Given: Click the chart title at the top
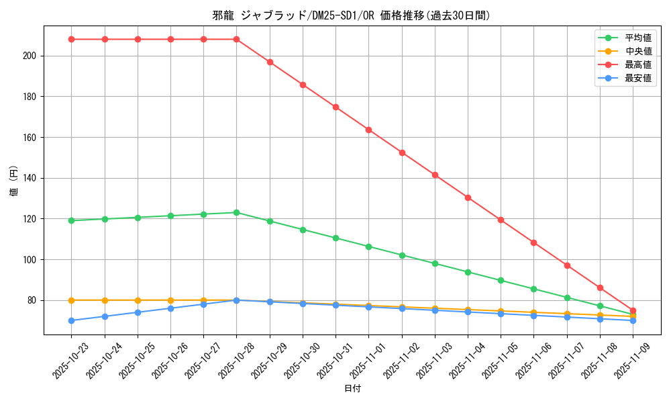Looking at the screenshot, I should coord(352,15).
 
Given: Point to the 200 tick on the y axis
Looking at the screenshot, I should coord(30,56).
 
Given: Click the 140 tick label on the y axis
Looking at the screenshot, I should coord(30,178).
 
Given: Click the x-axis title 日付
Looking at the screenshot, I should coord(352,389).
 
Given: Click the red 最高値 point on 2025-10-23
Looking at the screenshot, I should coord(72,39).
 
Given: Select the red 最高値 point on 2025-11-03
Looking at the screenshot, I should coord(435,175).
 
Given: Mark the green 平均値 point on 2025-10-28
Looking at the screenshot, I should coord(237,212).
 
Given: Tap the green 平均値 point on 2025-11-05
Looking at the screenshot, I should coord(501,280).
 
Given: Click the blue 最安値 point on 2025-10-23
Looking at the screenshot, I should coord(72,320).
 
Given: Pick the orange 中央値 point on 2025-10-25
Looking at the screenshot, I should coord(138,300).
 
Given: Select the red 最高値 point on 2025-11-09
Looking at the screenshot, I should coord(633,310).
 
